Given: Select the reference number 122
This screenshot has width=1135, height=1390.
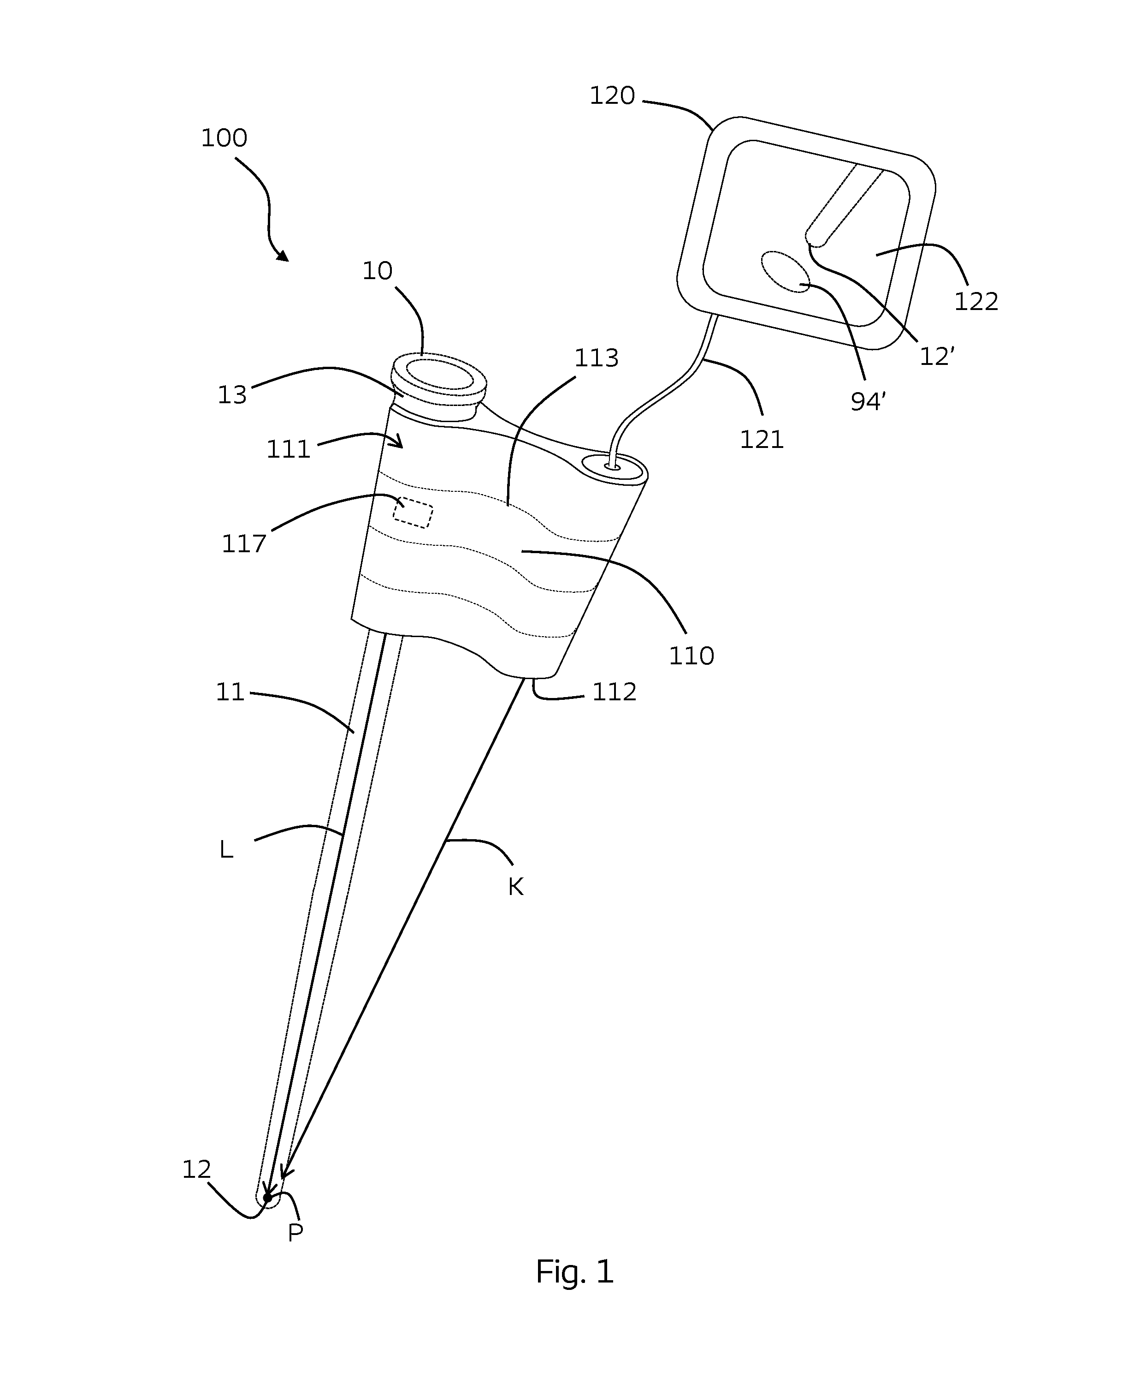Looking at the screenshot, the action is (x=976, y=302).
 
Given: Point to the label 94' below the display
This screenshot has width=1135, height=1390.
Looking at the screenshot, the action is (x=868, y=402).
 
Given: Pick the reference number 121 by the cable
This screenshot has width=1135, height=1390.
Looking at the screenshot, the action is (x=762, y=440).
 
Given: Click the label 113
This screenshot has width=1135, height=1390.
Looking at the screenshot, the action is (x=596, y=358).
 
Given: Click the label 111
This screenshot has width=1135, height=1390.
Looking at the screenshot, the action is (x=288, y=449).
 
